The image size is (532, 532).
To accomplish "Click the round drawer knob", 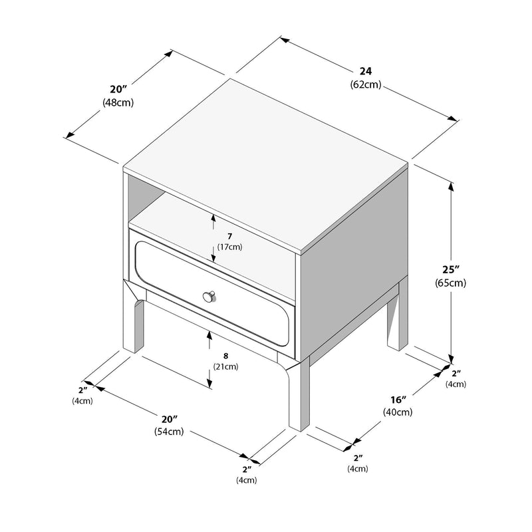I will pyautogui.click(x=210, y=295).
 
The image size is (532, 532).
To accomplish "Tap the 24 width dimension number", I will pyautogui.click(x=365, y=71).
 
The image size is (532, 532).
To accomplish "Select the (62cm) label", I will pyautogui.click(x=365, y=84).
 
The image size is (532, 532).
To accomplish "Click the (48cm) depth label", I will pyautogui.click(x=118, y=102).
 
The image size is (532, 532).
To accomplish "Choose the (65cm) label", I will pyautogui.click(x=451, y=283).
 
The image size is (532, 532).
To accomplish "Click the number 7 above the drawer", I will pyautogui.click(x=229, y=236).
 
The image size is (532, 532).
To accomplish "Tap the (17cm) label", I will pyautogui.click(x=229, y=247).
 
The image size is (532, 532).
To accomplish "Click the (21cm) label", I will pyautogui.click(x=227, y=366).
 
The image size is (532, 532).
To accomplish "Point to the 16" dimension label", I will pyautogui.click(x=398, y=400).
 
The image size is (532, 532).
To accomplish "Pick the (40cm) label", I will pyautogui.click(x=398, y=412).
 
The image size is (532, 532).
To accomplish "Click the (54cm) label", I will pyautogui.click(x=170, y=432).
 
